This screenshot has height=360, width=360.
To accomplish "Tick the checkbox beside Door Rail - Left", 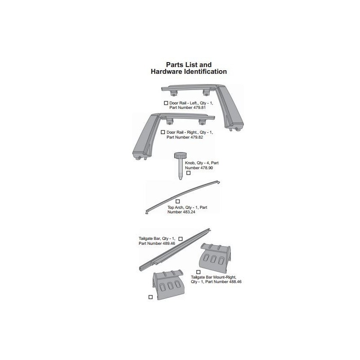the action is click(166, 103).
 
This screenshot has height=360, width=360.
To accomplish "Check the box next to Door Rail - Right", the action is click(163, 132).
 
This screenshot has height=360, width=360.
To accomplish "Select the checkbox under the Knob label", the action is click(188, 173).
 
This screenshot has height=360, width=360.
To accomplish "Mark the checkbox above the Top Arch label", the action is click(177, 201).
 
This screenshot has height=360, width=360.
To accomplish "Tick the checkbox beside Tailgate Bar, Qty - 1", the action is click(180, 239).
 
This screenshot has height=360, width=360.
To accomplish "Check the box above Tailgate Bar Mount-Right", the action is click(198, 272).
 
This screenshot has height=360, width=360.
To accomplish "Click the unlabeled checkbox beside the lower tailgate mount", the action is click(150, 297).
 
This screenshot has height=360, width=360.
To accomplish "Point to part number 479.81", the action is click(199, 108).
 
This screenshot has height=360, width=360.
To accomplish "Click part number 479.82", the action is click(197, 137).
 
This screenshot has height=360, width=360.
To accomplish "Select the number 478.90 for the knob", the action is click(207, 168).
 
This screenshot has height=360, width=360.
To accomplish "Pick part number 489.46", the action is click(169, 243).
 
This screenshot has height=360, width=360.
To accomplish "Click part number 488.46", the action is click(235, 282).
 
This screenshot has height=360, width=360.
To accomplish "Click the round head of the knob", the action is click(180, 156).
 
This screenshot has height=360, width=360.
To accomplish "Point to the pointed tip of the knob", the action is click(180, 179).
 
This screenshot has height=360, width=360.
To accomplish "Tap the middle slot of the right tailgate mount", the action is click(213, 259).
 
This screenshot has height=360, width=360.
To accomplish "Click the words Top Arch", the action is click(176, 207).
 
